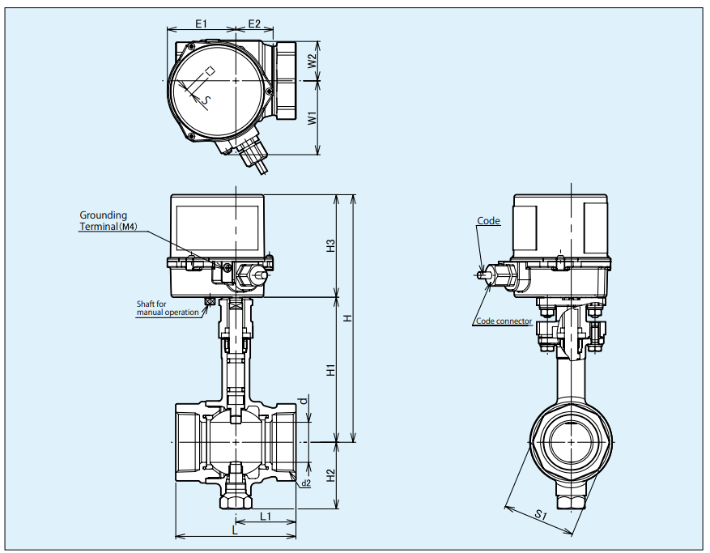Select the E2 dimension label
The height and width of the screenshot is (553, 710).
(254, 23)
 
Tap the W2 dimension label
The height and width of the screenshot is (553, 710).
(312, 61)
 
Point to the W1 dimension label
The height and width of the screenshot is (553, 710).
(312, 117)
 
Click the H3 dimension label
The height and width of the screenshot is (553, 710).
(330, 246)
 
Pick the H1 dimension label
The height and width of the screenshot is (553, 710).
(330, 370)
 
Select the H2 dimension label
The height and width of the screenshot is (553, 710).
(330, 476)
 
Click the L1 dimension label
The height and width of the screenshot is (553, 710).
(265, 516)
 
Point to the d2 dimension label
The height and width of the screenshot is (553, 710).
(305, 483)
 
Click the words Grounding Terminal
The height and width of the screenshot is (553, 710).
(103, 221)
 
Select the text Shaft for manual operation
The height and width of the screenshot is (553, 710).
(168, 308)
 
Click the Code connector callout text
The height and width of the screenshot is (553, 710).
(503, 321)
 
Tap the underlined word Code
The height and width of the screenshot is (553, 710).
(488, 220)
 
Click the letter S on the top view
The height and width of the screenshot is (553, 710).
(207, 100)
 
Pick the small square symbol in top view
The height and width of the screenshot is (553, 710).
(210, 71)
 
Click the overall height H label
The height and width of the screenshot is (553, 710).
(347, 318)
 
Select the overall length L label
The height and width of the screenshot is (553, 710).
(235, 530)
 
